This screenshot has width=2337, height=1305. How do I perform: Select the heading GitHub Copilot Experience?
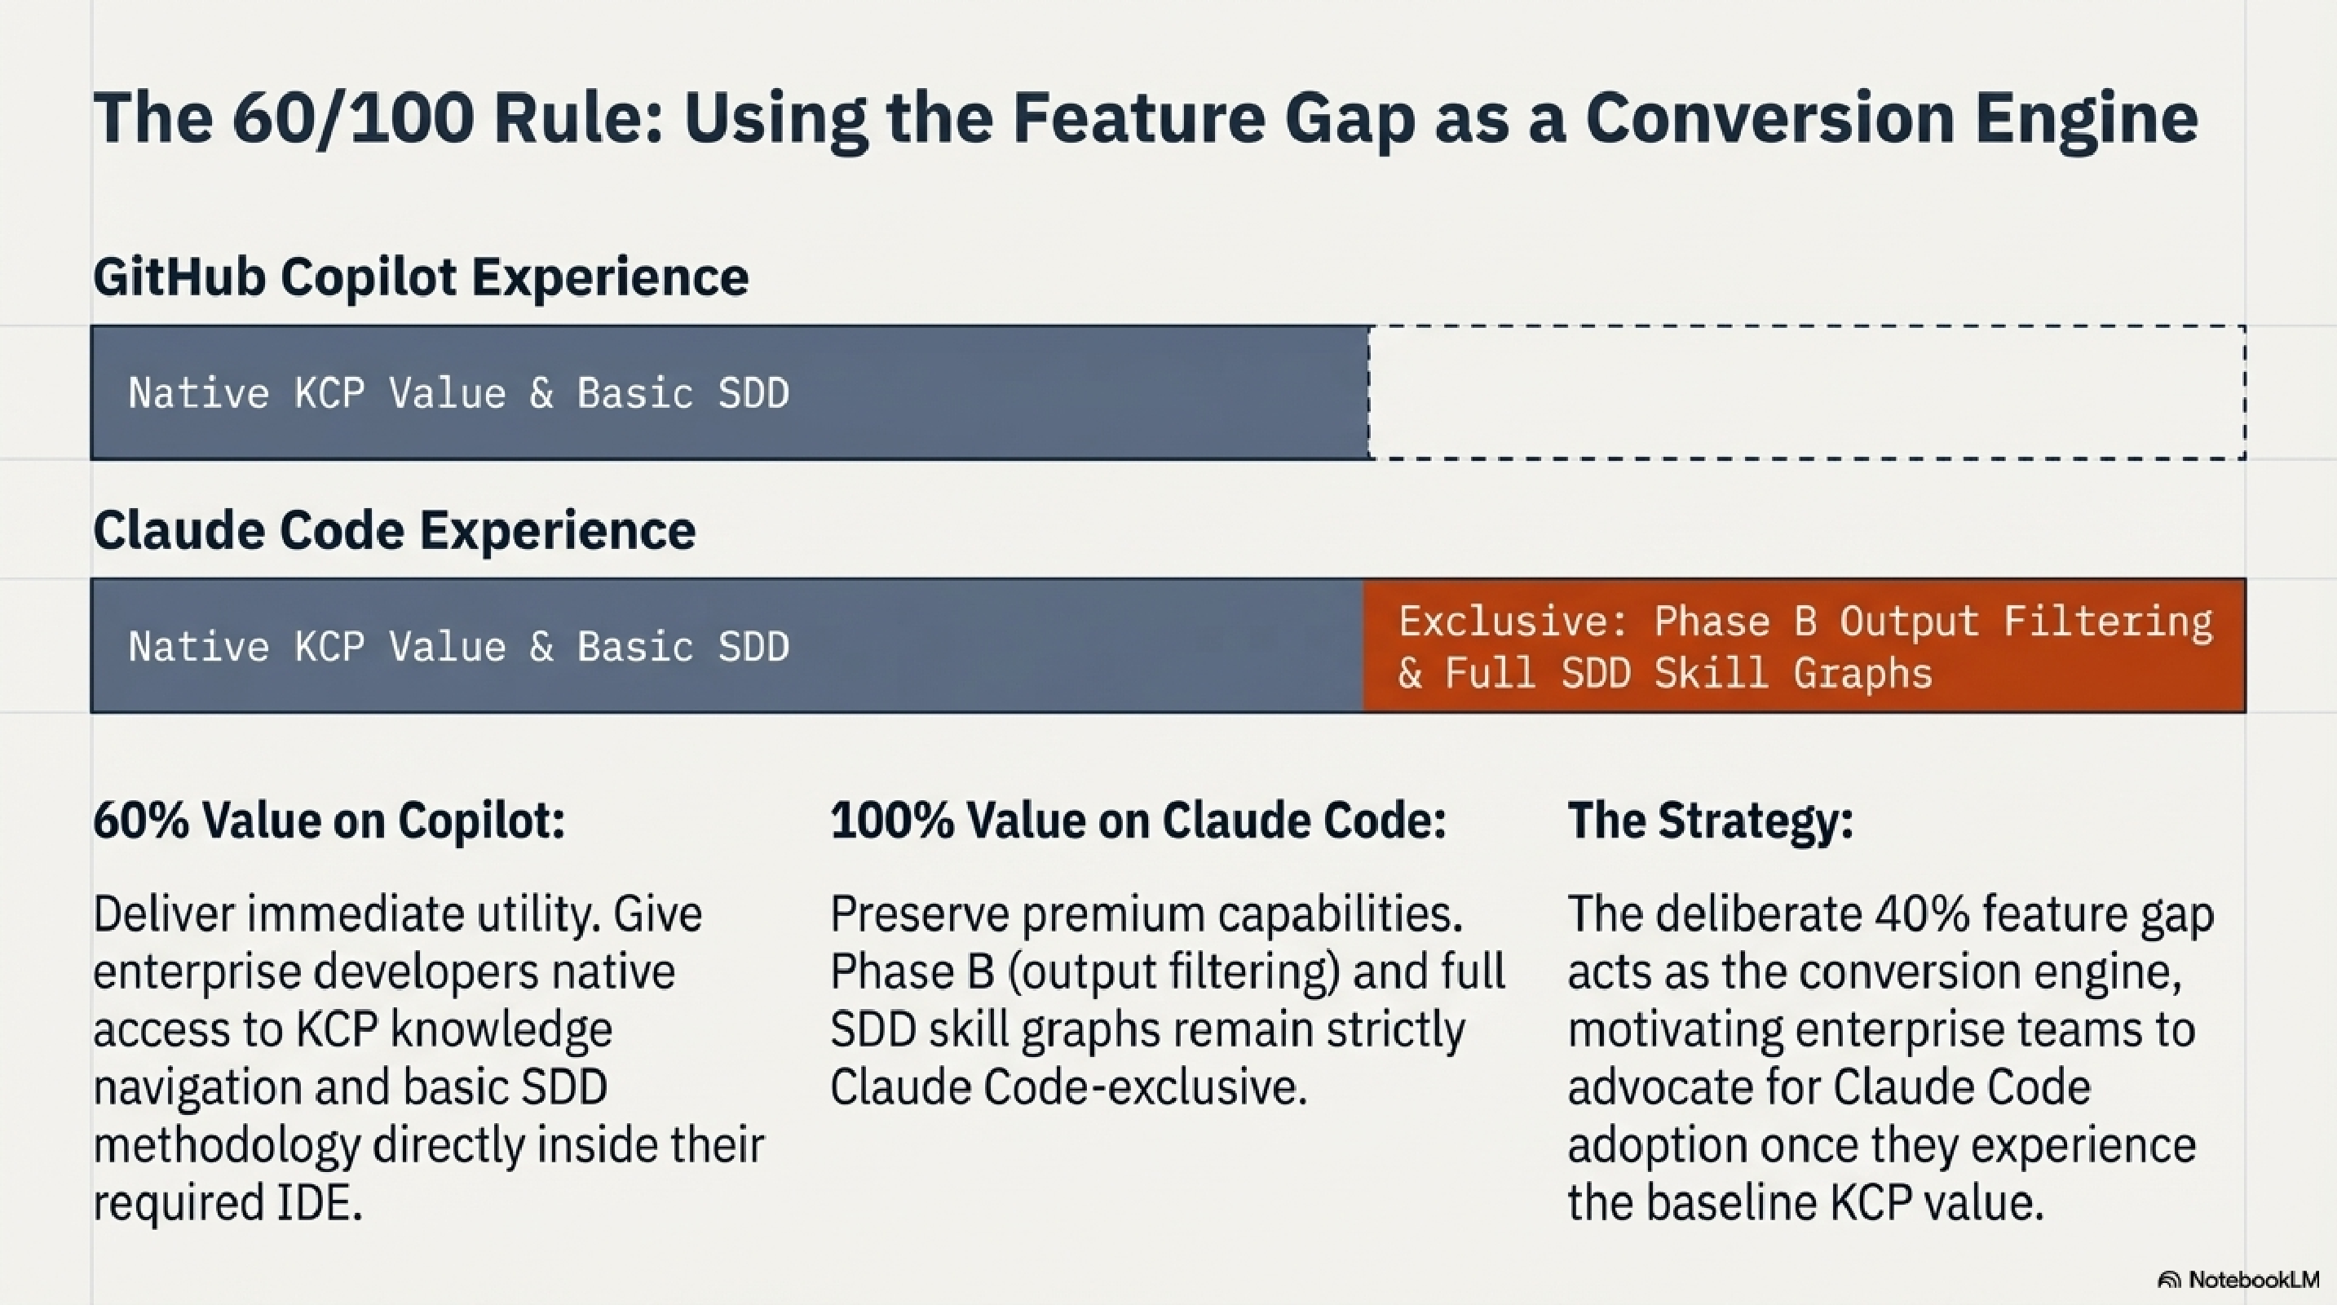pos(420,276)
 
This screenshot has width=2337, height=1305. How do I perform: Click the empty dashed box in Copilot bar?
pos(1805,393)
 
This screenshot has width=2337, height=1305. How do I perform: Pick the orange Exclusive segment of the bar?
pos(1804,646)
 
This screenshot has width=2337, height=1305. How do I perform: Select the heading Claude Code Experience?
pos(394,530)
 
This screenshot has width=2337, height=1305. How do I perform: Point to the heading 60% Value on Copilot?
pos(329,821)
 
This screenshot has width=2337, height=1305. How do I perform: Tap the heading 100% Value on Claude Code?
pos(1138,821)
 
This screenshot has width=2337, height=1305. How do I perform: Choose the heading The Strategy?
pos(1710,821)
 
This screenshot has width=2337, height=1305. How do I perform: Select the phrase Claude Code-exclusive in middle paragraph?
pos(1068,1087)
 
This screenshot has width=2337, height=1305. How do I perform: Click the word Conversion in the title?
pos(1769,120)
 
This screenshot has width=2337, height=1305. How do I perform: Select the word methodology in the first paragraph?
pos(226,1145)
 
